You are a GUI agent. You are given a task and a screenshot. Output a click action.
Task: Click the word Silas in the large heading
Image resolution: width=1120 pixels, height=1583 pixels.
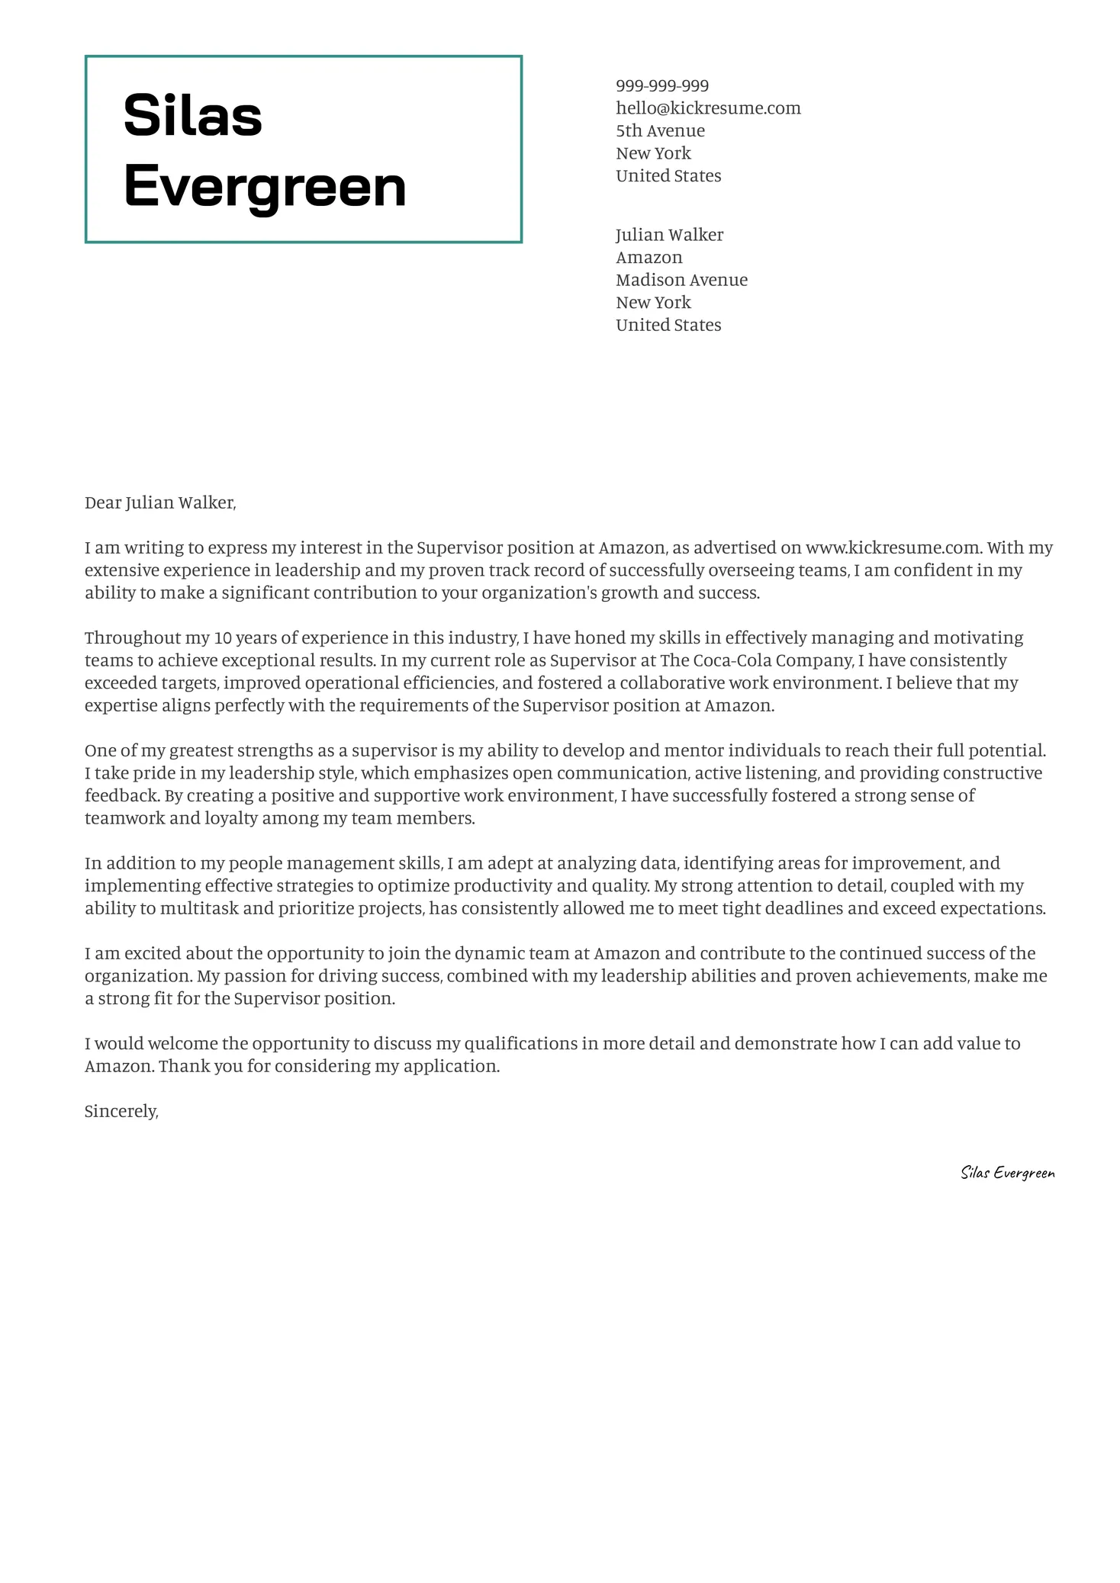tap(192, 115)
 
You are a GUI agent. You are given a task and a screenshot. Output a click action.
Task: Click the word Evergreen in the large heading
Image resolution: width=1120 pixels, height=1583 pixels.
tap(265, 185)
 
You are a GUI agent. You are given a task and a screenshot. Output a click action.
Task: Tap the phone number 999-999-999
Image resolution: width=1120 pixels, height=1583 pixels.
tap(662, 85)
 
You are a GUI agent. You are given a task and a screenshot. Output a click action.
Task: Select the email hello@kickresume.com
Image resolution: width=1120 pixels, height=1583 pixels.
tap(708, 108)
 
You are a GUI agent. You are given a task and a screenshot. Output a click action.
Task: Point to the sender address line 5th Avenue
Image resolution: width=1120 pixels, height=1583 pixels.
tap(660, 130)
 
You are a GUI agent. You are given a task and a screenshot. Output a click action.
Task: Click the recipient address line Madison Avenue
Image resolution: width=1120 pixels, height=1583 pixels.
tap(681, 280)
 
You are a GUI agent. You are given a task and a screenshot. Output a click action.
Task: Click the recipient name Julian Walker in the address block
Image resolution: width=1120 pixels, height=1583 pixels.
tap(669, 235)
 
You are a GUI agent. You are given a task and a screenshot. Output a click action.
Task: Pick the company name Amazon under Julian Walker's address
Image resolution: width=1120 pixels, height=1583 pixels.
tap(649, 258)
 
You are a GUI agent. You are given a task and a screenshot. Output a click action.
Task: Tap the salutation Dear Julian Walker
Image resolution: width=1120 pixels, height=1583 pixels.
tap(160, 503)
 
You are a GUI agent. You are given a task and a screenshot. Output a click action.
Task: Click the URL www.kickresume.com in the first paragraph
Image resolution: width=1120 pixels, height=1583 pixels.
tap(892, 547)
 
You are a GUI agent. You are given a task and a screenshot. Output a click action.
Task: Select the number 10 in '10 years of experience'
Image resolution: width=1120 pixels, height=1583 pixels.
tap(221, 637)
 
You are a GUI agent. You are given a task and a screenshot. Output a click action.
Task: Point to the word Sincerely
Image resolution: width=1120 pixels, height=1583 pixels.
tap(121, 1112)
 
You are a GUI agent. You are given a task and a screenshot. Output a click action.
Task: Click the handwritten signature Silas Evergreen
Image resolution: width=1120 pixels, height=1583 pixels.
tap(1007, 1173)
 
